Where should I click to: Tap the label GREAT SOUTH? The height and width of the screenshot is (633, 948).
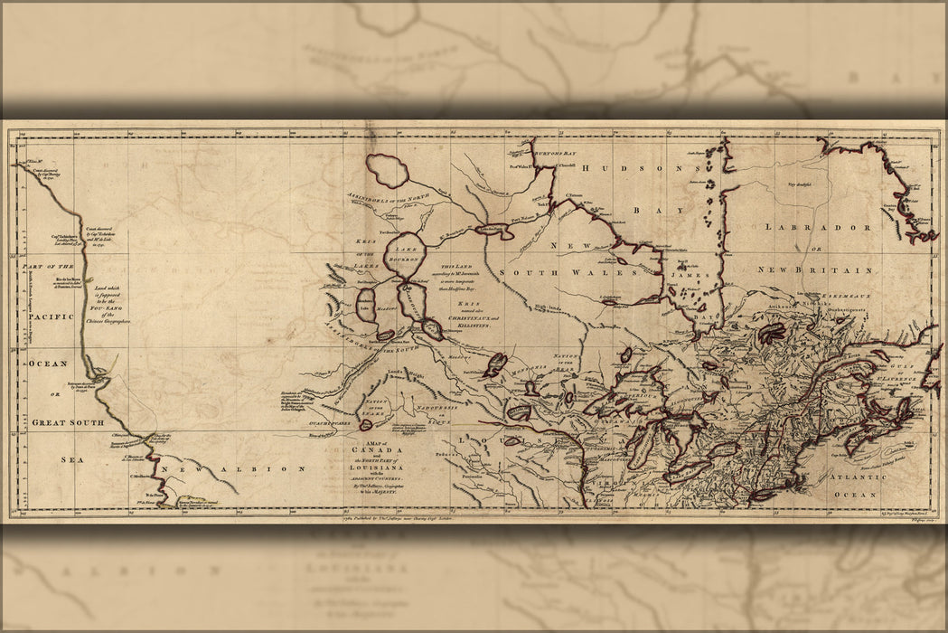(68, 422)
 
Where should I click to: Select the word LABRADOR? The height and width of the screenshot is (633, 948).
(816, 228)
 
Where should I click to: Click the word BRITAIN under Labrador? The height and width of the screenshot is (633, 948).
(846, 270)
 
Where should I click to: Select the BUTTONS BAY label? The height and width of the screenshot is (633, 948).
(555, 155)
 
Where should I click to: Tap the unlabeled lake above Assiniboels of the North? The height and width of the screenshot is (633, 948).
(387, 170)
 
